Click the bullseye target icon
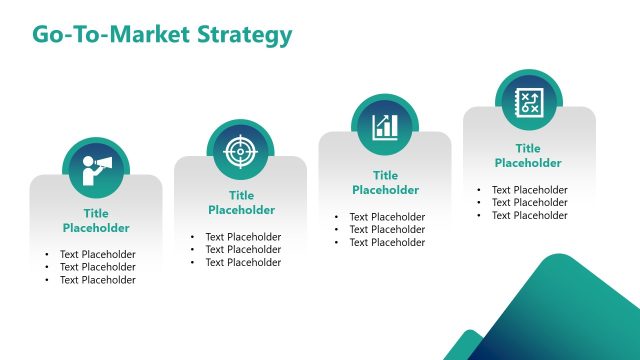pos(240,150)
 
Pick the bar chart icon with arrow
pos(385,126)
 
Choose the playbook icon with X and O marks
pos(528,100)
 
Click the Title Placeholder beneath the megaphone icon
pos(96,221)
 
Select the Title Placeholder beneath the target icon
pos(241,203)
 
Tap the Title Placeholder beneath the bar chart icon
pos(385,183)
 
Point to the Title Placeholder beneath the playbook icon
pos(528,156)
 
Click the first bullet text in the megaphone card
pos(97,254)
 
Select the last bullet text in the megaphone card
pos(97,280)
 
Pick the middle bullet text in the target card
pos(243,250)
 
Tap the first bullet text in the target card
pos(243,237)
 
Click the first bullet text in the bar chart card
pos(387,217)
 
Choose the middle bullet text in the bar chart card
pos(387,230)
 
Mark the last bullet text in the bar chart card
pos(387,243)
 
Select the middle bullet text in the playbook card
pos(529,203)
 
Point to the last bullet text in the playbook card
pos(529,216)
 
